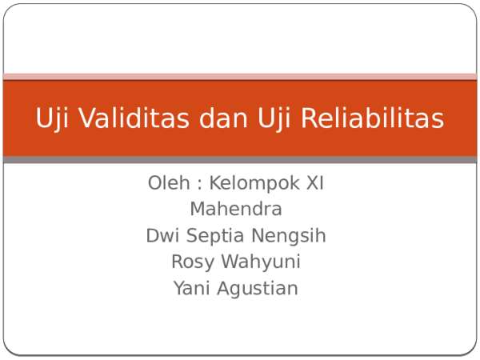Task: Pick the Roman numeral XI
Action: (x=314, y=183)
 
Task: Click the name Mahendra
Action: (x=236, y=210)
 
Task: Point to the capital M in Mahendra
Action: (x=197, y=210)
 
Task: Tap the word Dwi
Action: (x=162, y=236)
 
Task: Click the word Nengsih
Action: (x=289, y=237)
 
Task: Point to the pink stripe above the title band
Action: (x=240, y=77)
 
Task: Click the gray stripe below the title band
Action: (x=240, y=160)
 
